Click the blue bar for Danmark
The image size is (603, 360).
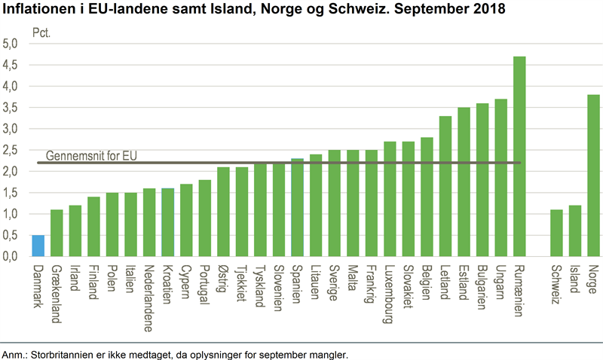(38, 246)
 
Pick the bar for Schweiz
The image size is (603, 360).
(556, 233)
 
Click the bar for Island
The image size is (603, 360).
(575, 230)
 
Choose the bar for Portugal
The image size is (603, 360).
(204, 218)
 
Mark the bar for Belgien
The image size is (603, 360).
(427, 197)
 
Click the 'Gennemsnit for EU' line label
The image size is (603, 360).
(91, 156)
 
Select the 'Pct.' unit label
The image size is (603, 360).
(41, 34)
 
